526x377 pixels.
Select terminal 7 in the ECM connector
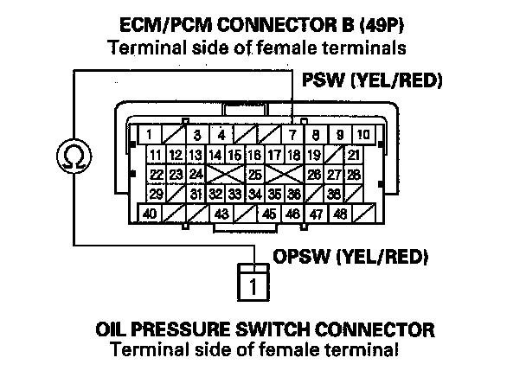294,135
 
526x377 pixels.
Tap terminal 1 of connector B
151,135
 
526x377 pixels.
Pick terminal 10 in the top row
362,135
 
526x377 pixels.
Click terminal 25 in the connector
255,174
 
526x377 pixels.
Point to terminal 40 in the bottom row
151,213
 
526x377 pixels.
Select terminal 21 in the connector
353,155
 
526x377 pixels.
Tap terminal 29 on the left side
156,193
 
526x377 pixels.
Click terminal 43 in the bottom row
221,213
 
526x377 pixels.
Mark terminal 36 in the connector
294,193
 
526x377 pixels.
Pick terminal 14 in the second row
215,155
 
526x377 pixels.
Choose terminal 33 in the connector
235,193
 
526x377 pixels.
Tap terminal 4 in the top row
222,135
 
